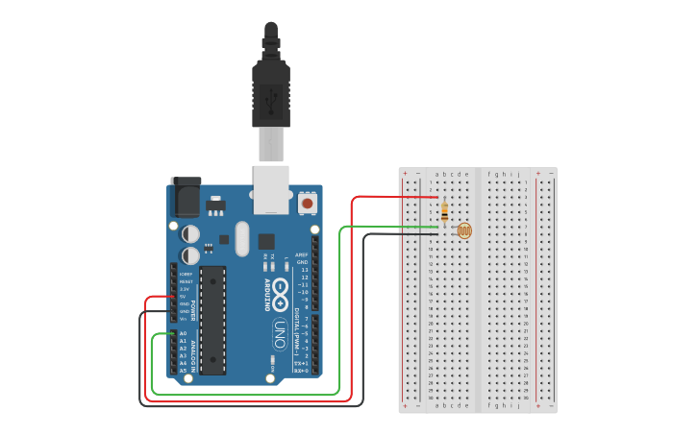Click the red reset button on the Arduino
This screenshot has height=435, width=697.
307,203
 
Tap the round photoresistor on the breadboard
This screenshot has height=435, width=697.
464,230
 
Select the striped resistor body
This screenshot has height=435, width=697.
443,211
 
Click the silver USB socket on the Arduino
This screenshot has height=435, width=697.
271,188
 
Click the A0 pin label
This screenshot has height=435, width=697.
183,333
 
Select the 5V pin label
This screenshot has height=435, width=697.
184,296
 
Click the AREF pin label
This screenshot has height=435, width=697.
302,254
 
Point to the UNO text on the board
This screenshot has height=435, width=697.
278,334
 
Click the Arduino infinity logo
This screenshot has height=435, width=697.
280,293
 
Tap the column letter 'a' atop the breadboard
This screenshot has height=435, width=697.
436,175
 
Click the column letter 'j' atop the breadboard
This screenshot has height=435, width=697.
519,175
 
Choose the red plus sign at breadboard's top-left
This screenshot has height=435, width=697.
405,174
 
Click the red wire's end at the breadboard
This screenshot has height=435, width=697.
436,198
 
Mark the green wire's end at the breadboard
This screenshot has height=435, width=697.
436,228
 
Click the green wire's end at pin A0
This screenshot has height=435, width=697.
174,333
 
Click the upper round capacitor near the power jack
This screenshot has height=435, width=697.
190,233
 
